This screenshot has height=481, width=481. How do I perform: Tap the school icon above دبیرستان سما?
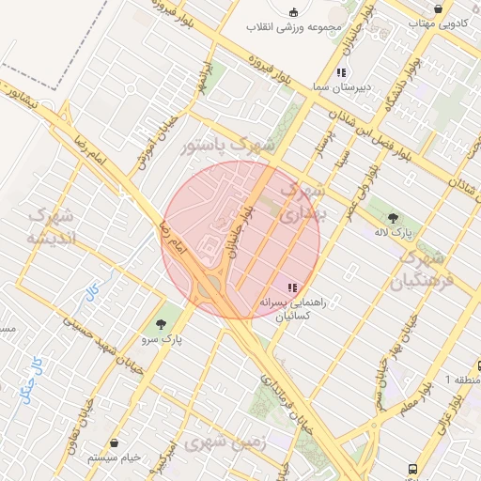pos(340,71)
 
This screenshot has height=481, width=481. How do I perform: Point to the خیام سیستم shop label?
pos(114,457)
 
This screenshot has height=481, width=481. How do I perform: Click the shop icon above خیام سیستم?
pos(114,442)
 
